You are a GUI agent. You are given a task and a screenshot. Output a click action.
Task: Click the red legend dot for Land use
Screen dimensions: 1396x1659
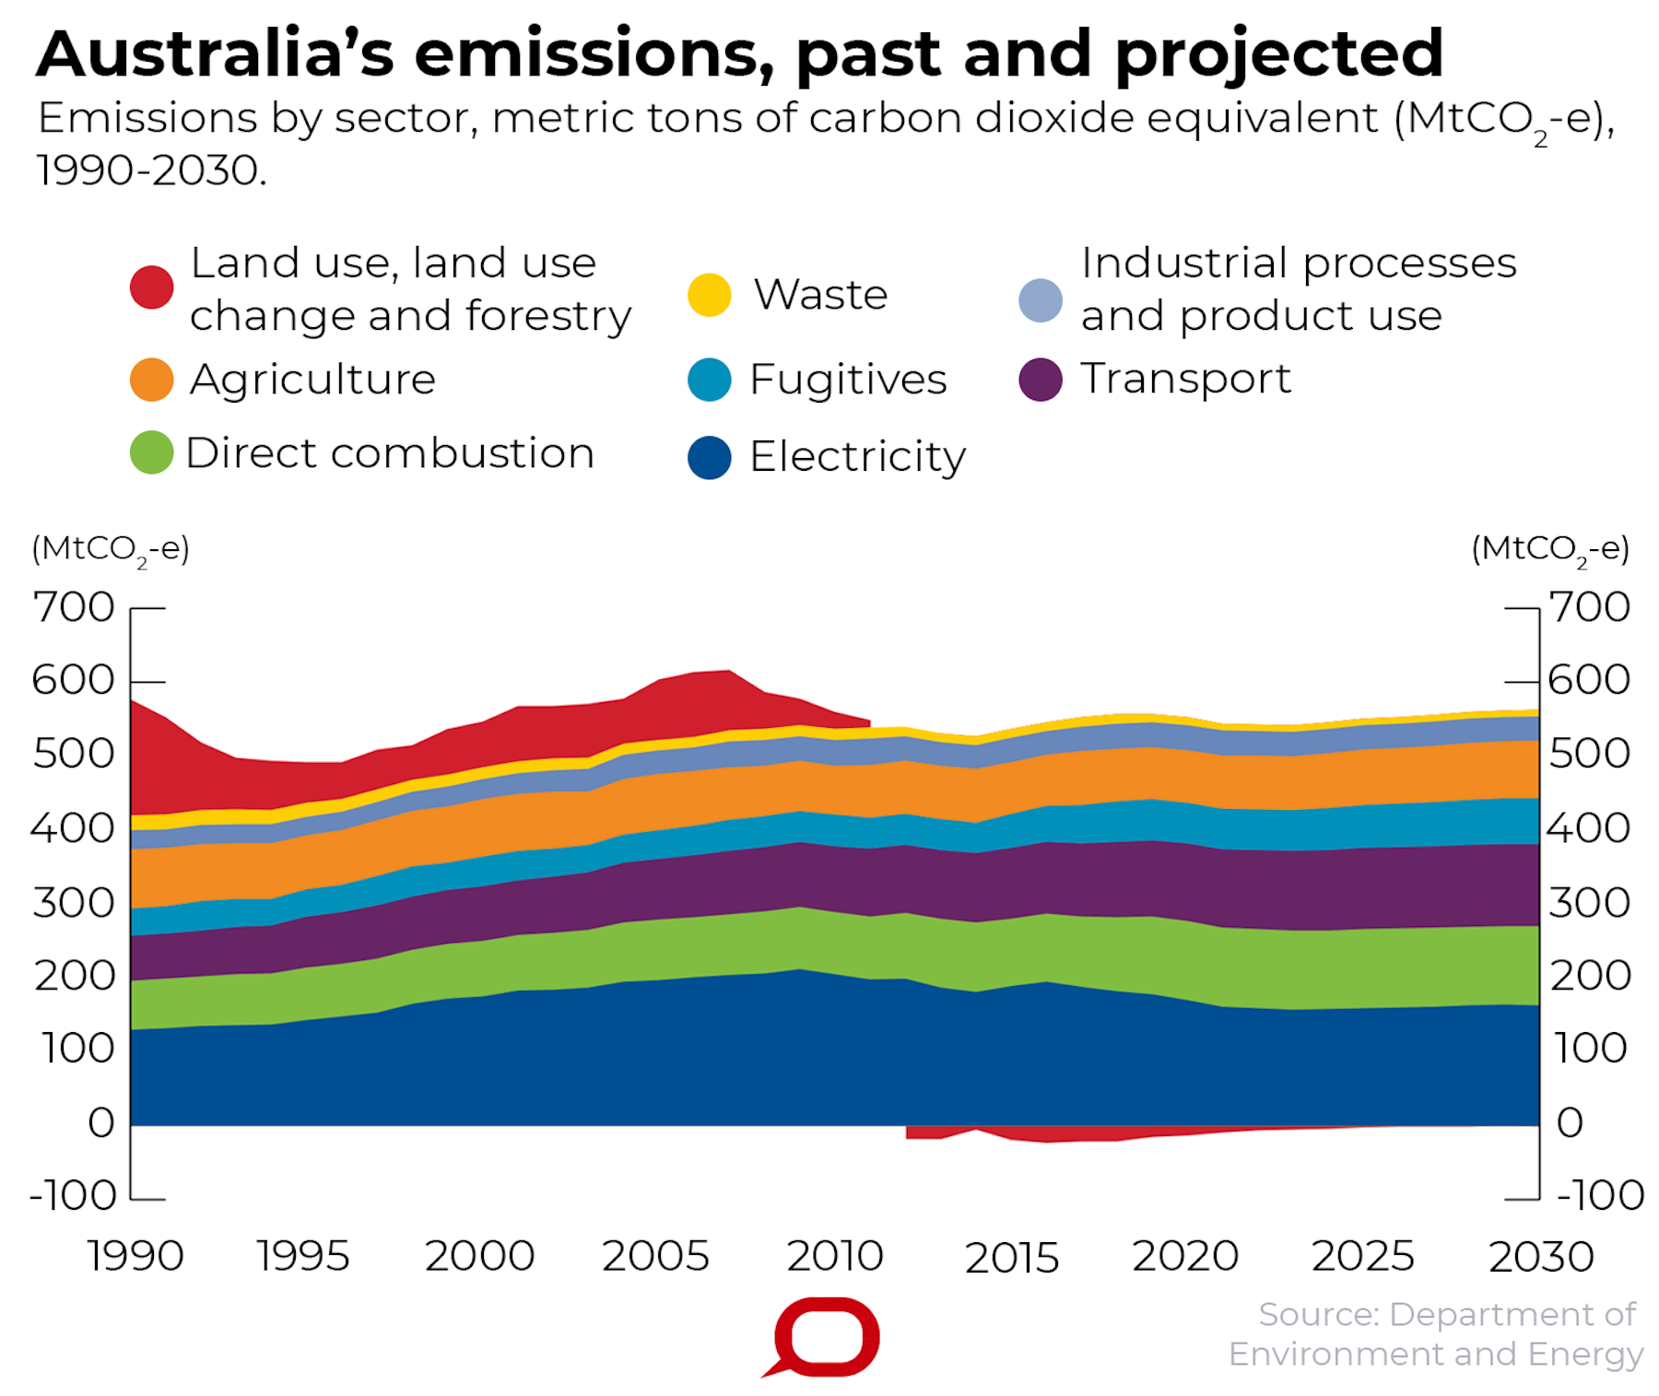152,287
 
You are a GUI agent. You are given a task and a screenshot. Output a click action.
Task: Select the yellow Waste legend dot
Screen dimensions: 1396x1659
710,295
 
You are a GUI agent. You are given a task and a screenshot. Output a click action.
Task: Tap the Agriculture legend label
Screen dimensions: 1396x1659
312,380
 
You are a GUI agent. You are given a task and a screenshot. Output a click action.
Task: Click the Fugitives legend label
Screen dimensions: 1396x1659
848,380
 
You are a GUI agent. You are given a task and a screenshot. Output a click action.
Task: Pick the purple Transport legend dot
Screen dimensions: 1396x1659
1041,380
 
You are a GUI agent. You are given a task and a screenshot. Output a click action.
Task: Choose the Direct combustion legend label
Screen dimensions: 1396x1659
390,453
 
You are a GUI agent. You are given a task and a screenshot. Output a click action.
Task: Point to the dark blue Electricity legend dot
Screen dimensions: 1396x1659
710,457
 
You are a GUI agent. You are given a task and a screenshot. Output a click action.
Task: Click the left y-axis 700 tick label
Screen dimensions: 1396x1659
74,607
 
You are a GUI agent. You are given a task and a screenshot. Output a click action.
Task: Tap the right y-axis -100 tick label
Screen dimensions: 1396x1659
1600,1196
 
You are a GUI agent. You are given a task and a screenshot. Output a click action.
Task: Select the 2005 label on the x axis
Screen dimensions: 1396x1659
655,1256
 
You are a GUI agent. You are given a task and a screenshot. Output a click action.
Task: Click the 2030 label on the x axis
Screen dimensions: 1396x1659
1541,1256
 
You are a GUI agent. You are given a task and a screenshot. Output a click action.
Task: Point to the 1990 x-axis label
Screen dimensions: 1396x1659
135,1256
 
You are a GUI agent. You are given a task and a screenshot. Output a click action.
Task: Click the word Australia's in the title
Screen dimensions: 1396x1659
215,53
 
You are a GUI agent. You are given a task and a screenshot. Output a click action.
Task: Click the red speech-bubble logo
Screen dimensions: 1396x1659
825,1337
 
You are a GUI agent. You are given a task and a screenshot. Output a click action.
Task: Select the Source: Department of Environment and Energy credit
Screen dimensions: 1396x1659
1438,1334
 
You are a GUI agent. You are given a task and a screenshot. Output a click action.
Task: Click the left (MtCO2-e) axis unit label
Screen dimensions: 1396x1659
111,549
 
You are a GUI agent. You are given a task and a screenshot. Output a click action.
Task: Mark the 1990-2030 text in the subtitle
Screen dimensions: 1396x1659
151,170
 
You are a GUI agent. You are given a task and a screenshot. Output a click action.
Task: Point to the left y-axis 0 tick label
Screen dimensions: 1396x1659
101,1123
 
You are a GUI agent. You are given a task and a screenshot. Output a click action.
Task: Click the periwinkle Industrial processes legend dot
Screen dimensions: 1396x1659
1041,300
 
